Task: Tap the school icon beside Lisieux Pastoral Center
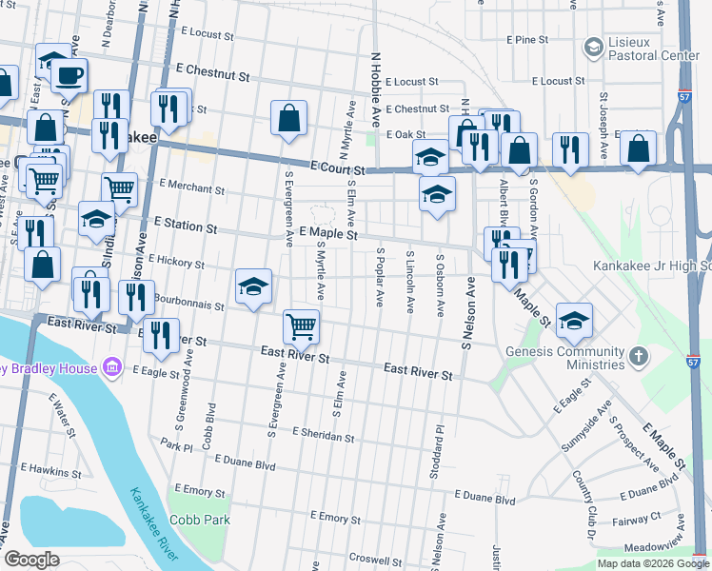593,47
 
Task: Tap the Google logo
31,560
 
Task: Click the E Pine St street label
528,40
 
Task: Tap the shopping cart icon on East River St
302,326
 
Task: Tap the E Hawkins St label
52,471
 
